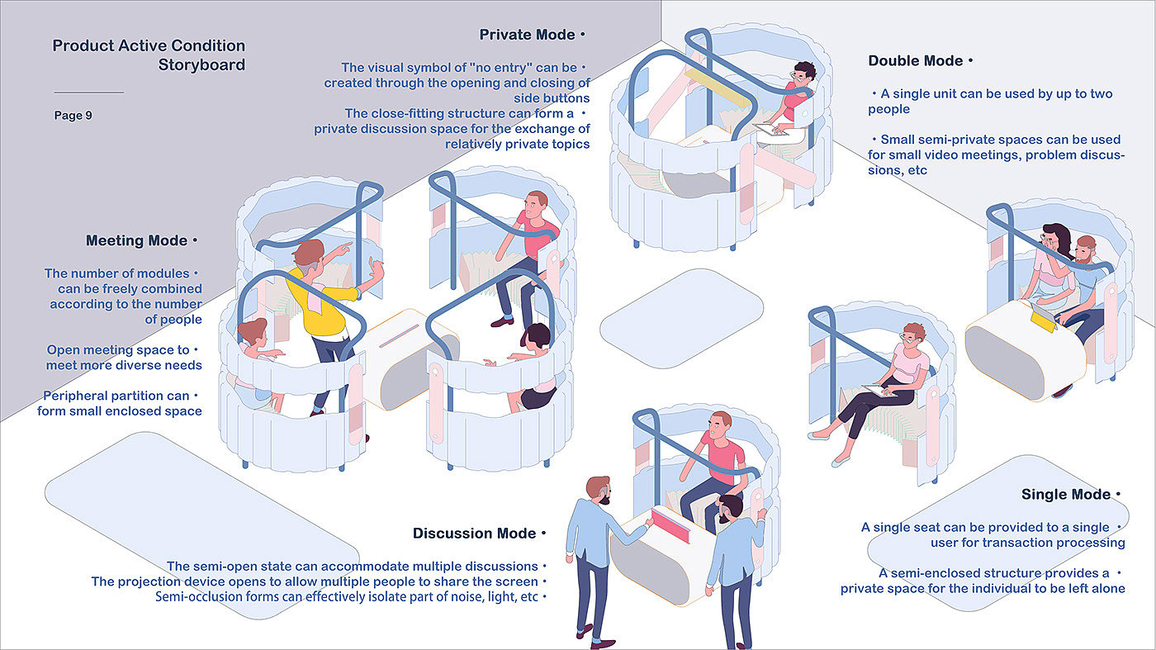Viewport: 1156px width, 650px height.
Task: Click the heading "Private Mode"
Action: [x=527, y=36]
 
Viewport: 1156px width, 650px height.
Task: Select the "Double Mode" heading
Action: [x=915, y=61]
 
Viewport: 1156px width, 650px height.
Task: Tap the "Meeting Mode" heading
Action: [x=136, y=241]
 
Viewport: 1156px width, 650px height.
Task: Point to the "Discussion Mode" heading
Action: [x=474, y=534]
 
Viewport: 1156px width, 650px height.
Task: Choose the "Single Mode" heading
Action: [x=1066, y=495]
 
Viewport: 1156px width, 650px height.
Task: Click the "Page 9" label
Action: [x=73, y=116]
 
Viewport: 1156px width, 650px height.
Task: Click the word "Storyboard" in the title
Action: [x=201, y=65]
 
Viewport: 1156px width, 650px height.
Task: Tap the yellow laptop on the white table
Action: [x=1043, y=320]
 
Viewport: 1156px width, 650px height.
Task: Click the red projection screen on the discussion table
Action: [x=675, y=526]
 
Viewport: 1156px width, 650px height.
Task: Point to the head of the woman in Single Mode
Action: [x=914, y=334]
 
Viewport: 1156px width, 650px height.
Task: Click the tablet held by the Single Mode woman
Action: [x=877, y=389]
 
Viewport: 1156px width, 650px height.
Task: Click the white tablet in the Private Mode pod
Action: [x=770, y=129]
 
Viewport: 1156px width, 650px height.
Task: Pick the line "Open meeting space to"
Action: [x=117, y=350]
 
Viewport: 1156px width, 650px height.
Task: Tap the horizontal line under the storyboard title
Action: [x=88, y=93]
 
